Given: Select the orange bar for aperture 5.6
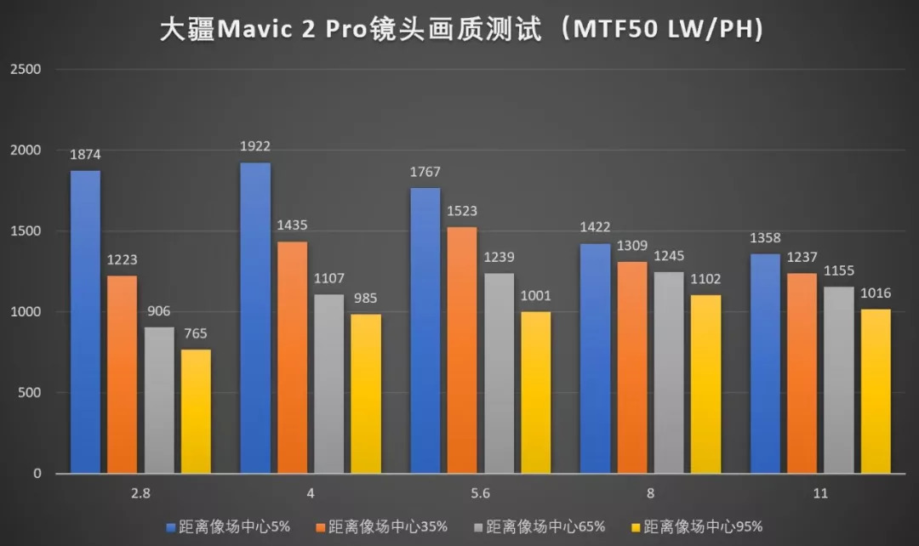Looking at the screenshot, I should pyautogui.click(x=461, y=350).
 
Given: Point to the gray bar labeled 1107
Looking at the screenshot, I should pyautogui.click(x=329, y=384).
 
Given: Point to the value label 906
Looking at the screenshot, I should pyautogui.click(x=159, y=311).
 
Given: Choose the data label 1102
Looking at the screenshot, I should pyautogui.click(x=705, y=279).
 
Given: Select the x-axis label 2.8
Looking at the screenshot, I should pyautogui.click(x=140, y=493).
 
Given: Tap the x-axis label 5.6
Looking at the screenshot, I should pyautogui.click(x=480, y=493).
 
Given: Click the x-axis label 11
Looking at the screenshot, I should pyautogui.click(x=820, y=493).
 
